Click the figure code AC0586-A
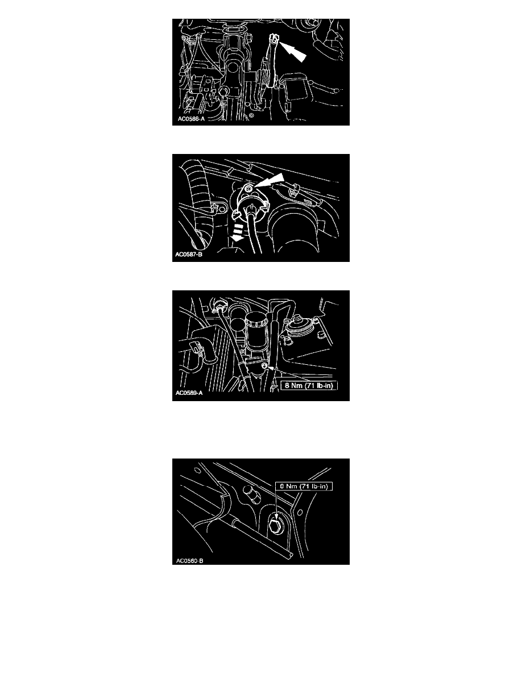pyautogui.click(x=191, y=119)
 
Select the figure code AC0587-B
pyautogui.click(x=189, y=255)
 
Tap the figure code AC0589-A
pyautogui.click(x=189, y=393)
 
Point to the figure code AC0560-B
pyautogui.click(x=189, y=560)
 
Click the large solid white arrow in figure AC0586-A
pyautogui.click(x=292, y=51)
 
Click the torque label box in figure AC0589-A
pyautogui.click(x=309, y=385)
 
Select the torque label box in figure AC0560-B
pyautogui.click(x=304, y=486)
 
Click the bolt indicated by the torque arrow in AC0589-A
pyautogui.click(x=264, y=366)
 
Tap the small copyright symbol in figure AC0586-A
pyautogui.click(x=251, y=116)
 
